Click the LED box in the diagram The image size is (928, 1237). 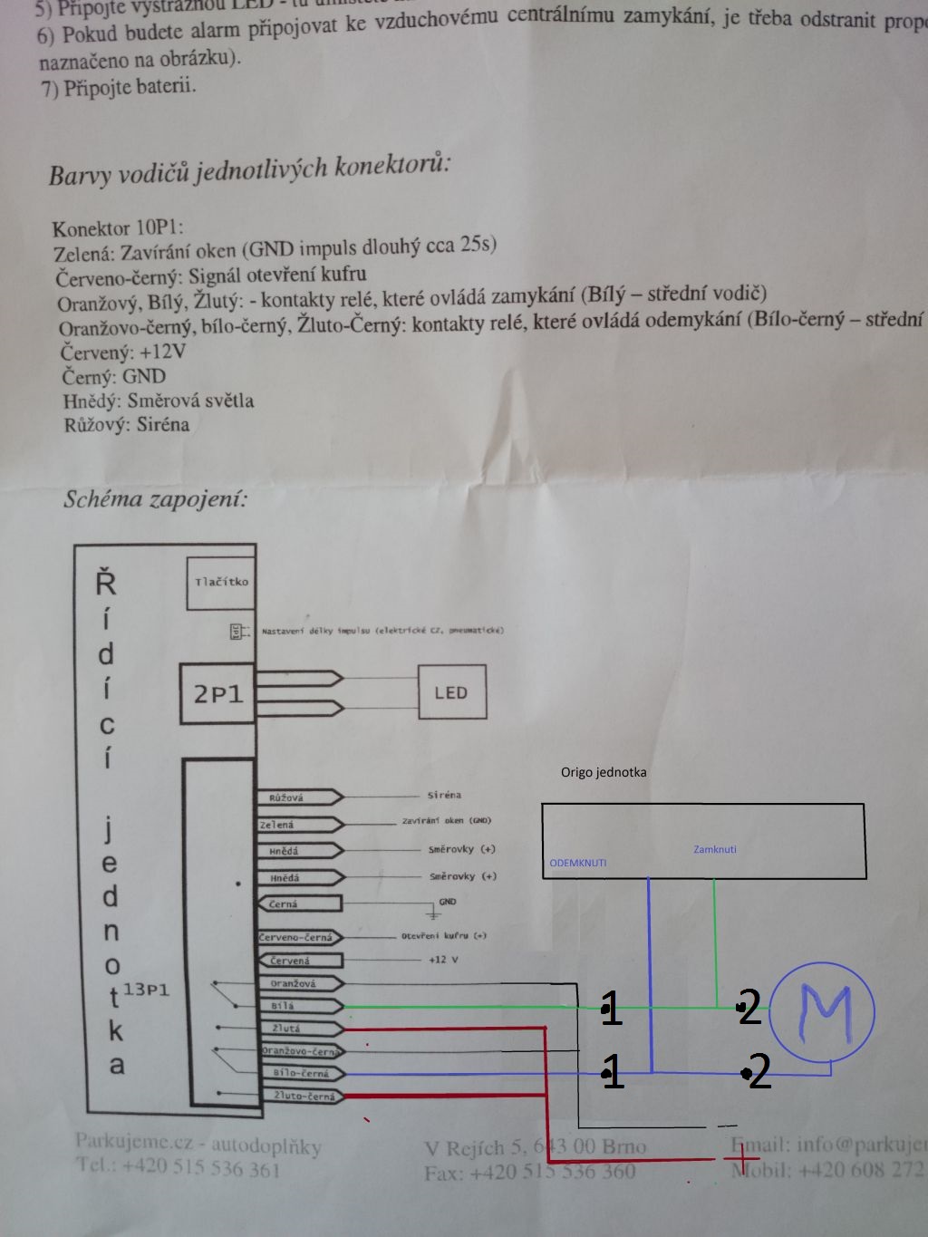tap(451, 692)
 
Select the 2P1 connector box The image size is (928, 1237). tap(218, 694)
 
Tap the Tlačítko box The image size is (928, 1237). tap(220, 582)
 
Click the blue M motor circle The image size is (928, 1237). tap(826, 1010)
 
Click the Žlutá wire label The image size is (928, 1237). tap(287, 1029)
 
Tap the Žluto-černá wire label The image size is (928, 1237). tap(304, 1097)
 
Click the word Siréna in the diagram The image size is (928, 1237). tap(444, 795)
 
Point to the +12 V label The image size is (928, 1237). tap(443, 959)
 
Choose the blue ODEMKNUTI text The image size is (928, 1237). tap(578, 863)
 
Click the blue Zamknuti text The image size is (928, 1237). tap(715, 849)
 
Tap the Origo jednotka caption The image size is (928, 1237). tap(604, 772)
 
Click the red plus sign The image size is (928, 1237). tap(741, 1157)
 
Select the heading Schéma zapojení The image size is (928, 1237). tap(155, 498)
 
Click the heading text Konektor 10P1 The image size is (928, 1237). tap(118, 228)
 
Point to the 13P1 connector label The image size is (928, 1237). tap(146, 989)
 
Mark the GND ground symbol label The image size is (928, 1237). tap(447, 902)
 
